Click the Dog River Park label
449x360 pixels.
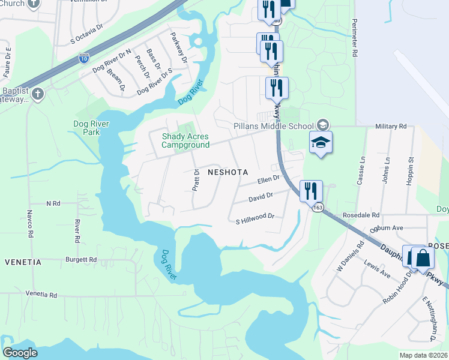(x=83, y=128)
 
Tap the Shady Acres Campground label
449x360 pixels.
(x=185, y=140)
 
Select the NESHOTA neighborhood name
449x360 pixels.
(x=227, y=172)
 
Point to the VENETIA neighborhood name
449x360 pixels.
(x=23, y=262)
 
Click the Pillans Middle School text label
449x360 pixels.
(x=273, y=126)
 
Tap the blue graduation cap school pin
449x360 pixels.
(x=321, y=143)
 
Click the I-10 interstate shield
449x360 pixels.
(x=84, y=58)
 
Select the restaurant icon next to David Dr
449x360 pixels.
(x=311, y=191)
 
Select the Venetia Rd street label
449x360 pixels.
(x=41, y=295)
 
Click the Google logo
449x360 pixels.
(x=20, y=353)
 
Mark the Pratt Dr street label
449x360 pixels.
(x=196, y=179)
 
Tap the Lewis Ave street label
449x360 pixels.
(x=378, y=269)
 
